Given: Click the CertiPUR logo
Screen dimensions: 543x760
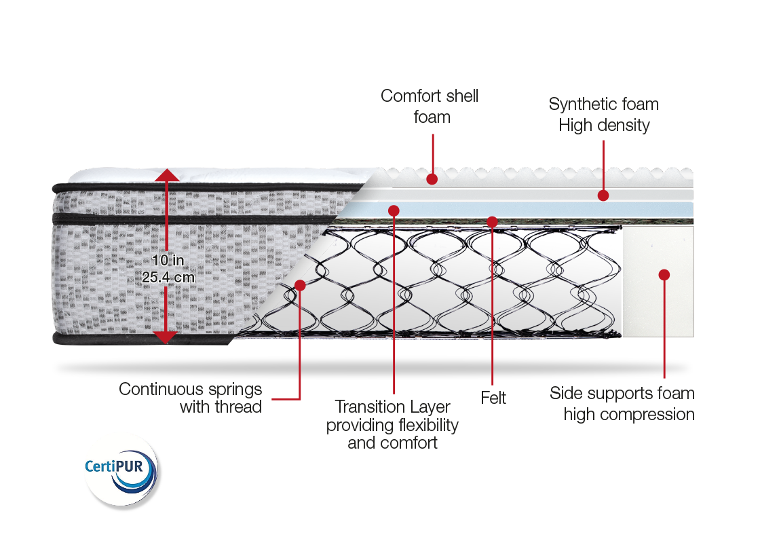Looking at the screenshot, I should coord(121,469).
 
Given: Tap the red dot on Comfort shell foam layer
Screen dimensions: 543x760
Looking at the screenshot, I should coord(432,179).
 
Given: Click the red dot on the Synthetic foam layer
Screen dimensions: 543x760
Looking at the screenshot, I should coord(603,195).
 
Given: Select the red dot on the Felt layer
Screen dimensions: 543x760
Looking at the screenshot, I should coord(492,221).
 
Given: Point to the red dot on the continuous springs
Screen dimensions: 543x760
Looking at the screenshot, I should coord(300,285).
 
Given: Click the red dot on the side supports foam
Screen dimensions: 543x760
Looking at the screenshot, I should coord(664,275).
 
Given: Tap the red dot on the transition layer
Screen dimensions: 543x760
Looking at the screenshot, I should coord(393,210).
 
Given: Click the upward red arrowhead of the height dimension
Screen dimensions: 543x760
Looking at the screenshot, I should coord(167,175).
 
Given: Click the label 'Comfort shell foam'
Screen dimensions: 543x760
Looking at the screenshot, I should coord(430,106).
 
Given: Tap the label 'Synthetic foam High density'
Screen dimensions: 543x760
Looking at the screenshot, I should coord(603,115).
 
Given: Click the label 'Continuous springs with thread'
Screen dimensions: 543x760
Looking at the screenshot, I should coord(190,398).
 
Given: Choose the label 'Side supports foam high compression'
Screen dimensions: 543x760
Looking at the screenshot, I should coord(622,404).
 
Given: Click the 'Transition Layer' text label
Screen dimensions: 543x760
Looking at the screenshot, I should coord(392,407).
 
